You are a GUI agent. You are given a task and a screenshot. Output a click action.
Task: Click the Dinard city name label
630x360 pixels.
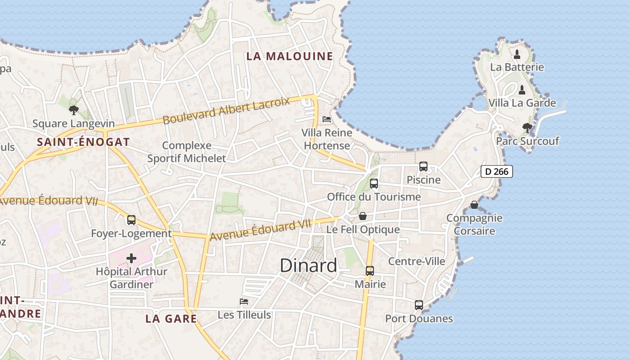(308, 265)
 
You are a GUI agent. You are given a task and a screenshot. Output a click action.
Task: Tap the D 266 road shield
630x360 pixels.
(497, 171)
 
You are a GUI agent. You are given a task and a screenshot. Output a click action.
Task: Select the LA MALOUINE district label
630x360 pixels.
(290, 56)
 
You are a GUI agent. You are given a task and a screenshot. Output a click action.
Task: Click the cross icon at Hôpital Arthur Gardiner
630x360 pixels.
(131, 258)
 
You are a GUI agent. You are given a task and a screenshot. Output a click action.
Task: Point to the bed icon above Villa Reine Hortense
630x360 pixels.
(327, 119)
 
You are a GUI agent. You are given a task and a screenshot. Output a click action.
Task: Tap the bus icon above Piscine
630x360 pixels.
(423, 166)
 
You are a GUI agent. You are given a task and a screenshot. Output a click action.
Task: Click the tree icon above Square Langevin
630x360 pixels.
(74, 110)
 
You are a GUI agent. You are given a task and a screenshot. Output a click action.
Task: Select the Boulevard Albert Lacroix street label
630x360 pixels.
(226, 110)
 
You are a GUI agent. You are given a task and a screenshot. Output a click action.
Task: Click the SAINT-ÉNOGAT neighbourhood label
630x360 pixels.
(83, 142)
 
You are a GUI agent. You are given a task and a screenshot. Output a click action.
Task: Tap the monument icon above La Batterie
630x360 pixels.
(517, 54)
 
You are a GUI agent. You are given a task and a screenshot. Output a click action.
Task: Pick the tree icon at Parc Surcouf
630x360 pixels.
(527, 128)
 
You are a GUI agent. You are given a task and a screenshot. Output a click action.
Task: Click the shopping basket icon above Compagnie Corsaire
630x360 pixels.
(474, 205)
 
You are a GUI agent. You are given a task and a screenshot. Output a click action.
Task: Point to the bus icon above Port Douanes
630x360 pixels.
(419, 305)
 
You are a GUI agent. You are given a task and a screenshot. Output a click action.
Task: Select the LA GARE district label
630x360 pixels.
(171, 319)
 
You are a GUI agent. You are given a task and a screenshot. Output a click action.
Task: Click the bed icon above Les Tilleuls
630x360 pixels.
(244, 301)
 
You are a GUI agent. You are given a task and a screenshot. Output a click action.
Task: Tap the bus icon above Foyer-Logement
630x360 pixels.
(131, 220)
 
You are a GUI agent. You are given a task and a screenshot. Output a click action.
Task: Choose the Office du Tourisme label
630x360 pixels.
(373, 197)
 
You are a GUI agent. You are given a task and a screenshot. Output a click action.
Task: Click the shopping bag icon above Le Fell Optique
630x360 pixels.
(363, 216)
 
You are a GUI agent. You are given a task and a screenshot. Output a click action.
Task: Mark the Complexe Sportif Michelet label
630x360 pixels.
(187, 152)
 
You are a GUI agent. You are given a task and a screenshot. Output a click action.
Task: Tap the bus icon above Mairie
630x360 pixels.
(370, 271)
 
